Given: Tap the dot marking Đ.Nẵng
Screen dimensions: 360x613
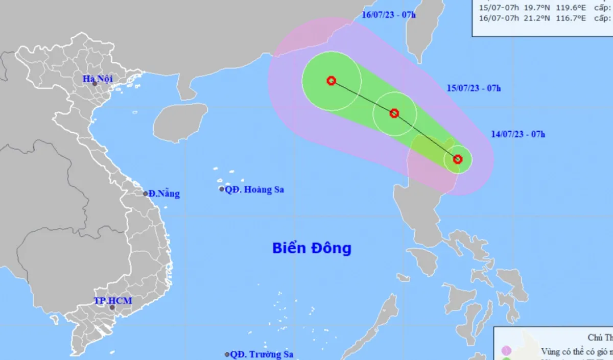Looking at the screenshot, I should coord(146,194).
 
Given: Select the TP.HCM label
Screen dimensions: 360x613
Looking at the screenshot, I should coord(113,301).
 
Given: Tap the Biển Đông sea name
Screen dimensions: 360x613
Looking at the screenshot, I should coord(312,249).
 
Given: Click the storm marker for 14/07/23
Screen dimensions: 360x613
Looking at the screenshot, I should coord(458,159).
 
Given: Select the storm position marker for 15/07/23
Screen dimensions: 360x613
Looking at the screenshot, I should coord(394,113).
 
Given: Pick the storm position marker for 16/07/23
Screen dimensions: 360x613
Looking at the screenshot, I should coord(331,80).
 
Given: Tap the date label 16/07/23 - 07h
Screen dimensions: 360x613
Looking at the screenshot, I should coord(389,14).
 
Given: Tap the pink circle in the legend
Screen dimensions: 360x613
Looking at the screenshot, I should coord(506,350).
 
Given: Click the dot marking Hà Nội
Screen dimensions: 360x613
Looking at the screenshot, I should coord(95,84).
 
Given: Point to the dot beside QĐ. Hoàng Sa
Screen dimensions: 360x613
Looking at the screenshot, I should coord(222,189).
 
